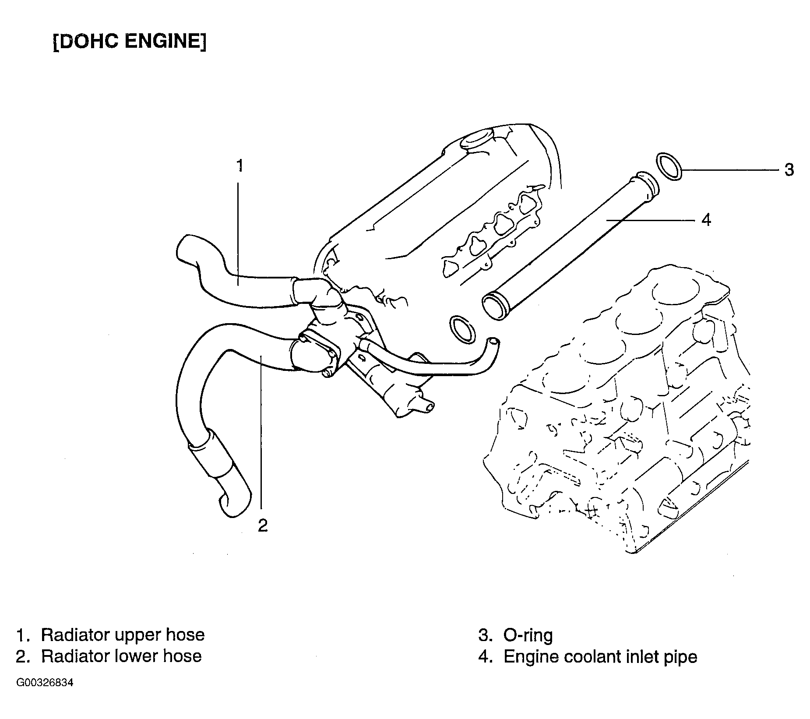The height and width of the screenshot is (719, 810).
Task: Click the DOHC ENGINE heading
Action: click(130, 42)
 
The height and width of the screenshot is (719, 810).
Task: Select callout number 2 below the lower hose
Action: click(262, 525)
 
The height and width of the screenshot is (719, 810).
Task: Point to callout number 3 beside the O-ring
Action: click(789, 170)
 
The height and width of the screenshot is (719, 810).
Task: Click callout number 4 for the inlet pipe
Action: click(706, 219)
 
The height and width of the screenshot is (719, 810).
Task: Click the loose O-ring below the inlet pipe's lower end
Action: click(462, 328)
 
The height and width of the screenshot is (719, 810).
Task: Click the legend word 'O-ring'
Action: click(528, 635)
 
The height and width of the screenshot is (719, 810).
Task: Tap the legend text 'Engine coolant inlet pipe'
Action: click(600, 657)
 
